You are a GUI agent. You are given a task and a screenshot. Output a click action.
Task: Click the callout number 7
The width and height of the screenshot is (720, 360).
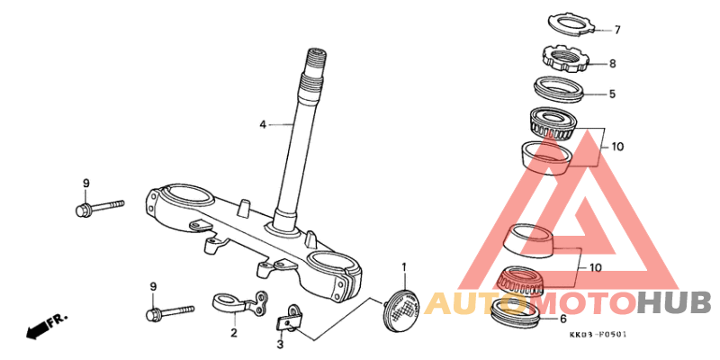(617, 30)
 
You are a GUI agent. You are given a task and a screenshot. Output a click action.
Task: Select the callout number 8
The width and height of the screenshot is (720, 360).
(613, 64)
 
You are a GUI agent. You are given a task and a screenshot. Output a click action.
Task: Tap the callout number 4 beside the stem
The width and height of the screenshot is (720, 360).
(263, 124)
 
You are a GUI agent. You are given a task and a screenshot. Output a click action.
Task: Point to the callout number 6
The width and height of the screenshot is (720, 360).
(563, 319)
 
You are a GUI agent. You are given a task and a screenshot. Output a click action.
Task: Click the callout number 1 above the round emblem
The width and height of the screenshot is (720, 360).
(404, 266)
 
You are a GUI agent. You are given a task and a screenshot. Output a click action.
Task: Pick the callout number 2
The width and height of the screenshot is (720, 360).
(234, 332)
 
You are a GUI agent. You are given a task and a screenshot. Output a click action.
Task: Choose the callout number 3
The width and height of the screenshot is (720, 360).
(281, 344)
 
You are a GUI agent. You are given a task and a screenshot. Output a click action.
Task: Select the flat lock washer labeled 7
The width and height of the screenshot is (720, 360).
(570, 23)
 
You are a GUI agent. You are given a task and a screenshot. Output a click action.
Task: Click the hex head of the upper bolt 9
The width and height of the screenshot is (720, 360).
(83, 210)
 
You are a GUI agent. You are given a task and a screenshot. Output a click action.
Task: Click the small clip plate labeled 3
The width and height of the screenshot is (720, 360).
(289, 319)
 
